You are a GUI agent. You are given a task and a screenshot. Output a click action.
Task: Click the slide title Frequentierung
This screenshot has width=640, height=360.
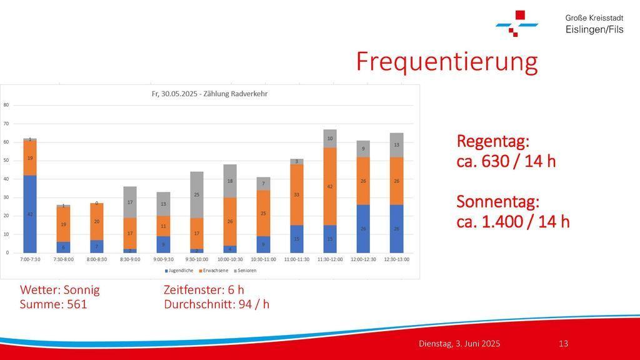pos(446,62)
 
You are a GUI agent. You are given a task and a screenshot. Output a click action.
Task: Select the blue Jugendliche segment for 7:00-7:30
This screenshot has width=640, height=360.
pos(30,214)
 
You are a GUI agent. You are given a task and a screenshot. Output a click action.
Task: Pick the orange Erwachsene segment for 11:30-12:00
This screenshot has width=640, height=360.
pos(330,186)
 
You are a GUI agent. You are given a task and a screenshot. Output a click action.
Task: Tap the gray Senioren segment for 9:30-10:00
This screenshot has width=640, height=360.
pos(197,194)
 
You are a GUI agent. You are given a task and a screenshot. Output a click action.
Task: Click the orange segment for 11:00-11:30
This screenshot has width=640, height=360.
pos(297,194)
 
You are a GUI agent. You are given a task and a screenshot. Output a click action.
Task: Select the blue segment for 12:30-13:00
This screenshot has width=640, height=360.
pos(397,229)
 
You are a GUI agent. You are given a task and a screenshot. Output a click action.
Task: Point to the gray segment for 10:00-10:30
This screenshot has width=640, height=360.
pos(230,181)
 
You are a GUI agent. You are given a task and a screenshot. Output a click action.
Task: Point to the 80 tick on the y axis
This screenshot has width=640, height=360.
pos(6,105)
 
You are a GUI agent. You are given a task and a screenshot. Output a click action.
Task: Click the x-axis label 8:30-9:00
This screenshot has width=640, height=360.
pos(130,259)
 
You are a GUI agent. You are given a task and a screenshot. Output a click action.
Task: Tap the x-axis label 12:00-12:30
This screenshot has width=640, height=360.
pos(363,259)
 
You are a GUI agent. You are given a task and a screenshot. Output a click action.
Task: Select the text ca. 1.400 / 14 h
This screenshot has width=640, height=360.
pos(513,221)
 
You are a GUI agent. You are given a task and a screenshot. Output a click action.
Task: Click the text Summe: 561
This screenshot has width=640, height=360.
pos(54,304)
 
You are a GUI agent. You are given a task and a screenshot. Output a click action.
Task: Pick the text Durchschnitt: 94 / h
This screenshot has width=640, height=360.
pos(216,304)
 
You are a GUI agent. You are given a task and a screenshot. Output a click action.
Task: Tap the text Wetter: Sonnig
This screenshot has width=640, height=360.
pos(60,290)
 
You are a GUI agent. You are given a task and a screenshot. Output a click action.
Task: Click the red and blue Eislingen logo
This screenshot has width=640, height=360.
pos(516,23)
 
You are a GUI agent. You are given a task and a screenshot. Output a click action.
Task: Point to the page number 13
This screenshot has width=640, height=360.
pos(563,344)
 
